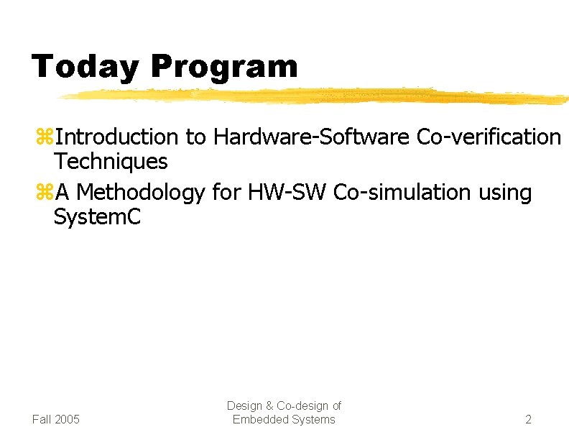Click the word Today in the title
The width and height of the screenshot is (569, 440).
point(85,67)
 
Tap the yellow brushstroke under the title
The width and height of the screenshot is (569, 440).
point(309,96)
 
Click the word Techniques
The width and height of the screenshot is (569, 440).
point(111,162)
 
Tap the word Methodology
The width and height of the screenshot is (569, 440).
point(141,193)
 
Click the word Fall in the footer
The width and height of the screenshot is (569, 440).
point(42,419)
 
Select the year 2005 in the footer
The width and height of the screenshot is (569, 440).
point(67,419)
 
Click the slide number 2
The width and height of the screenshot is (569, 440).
point(528,419)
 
